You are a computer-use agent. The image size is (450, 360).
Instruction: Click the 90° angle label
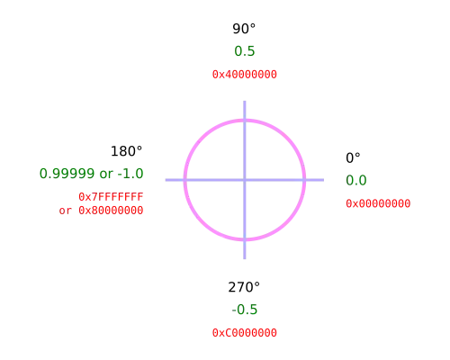pyautogui.click(x=244, y=29)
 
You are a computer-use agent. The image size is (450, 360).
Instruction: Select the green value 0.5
pyautogui.click(x=245, y=51)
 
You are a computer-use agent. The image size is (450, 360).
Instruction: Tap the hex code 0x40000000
pyautogui.click(x=245, y=75)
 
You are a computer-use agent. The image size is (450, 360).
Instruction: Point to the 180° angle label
pyautogui.click(x=126, y=151)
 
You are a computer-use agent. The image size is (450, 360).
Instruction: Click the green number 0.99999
pyautogui.click(x=67, y=174)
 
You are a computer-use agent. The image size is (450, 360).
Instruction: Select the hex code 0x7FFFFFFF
pyautogui.click(x=111, y=197)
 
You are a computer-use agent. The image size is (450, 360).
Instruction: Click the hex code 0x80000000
pyautogui.click(x=111, y=211)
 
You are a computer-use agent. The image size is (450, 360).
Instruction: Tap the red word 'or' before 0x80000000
pyautogui.click(x=66, y=211)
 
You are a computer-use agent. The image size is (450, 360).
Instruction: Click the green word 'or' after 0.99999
pyautogui.click(x=106, y=175)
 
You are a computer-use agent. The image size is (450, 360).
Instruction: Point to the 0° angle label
pyautogui.click(x=353, y=158)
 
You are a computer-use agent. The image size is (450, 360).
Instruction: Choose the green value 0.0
pyautogui.click(x=356, y=180)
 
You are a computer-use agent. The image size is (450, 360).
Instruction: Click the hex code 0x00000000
pyautogui.click(x=378, y=203)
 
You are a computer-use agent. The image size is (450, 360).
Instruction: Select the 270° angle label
pyautogui.click(x=244, y=287)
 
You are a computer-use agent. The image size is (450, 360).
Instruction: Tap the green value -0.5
pyautogui.click(x=245, y=310)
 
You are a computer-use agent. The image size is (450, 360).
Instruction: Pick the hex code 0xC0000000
pyautogui.click(x=245, y=333)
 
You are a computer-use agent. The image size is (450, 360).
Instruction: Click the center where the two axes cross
pyautogui.click(x=245, y=180)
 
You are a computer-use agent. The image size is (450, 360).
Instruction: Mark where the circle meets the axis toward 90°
pyautogui.click(x=245, y=121)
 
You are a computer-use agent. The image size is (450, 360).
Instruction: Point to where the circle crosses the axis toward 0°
pyautogui.click(x=304, y=180)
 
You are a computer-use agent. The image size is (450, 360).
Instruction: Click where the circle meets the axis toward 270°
pyautogui.click(x=245, y=239)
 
